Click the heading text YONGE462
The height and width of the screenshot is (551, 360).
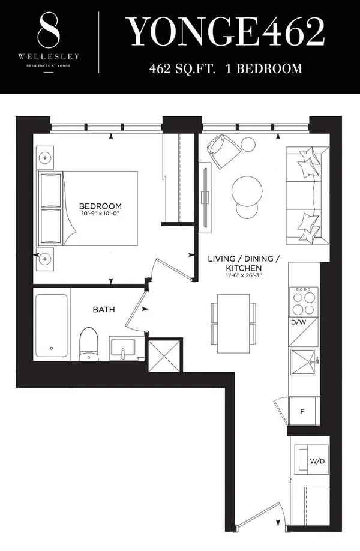coord(224,34)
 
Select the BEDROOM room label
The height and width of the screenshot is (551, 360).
coord(100,206)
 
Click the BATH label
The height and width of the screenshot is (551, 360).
coord(104,310)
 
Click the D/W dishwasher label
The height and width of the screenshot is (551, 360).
coord(298,324)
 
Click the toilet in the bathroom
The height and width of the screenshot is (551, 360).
coord(88,344)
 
